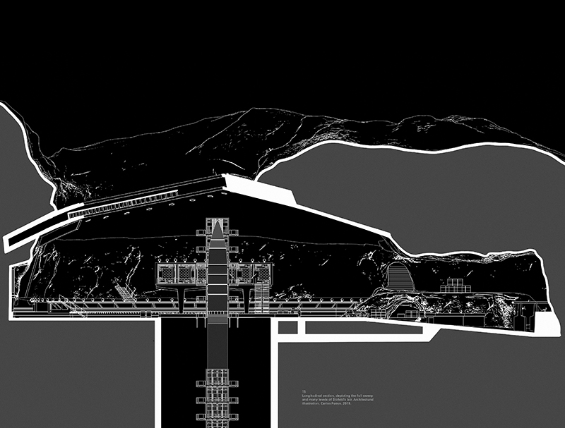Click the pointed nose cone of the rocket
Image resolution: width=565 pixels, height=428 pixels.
point(217,228)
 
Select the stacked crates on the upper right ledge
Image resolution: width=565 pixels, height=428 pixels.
point(451,286)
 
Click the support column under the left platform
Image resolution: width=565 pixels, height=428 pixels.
point(182,299)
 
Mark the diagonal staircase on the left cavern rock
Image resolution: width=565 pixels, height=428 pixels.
point(121,291)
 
